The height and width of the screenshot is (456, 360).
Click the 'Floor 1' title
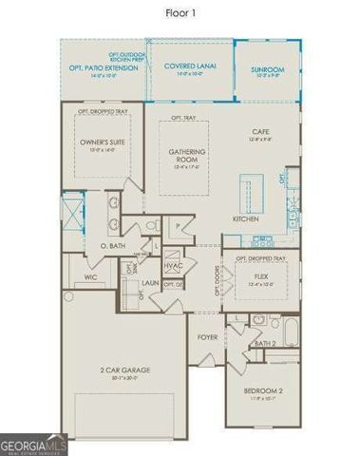(180, 12)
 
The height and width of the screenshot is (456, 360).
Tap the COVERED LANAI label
(190, 66)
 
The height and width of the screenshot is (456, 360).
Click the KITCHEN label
(246, 218)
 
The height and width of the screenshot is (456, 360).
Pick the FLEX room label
(259, 277)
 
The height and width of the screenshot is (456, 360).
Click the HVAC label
(173, 266)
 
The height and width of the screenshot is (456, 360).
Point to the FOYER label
(207, 337)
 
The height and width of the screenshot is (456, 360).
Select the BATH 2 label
(265, 342)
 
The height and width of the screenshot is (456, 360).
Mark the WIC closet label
(90, 277)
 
